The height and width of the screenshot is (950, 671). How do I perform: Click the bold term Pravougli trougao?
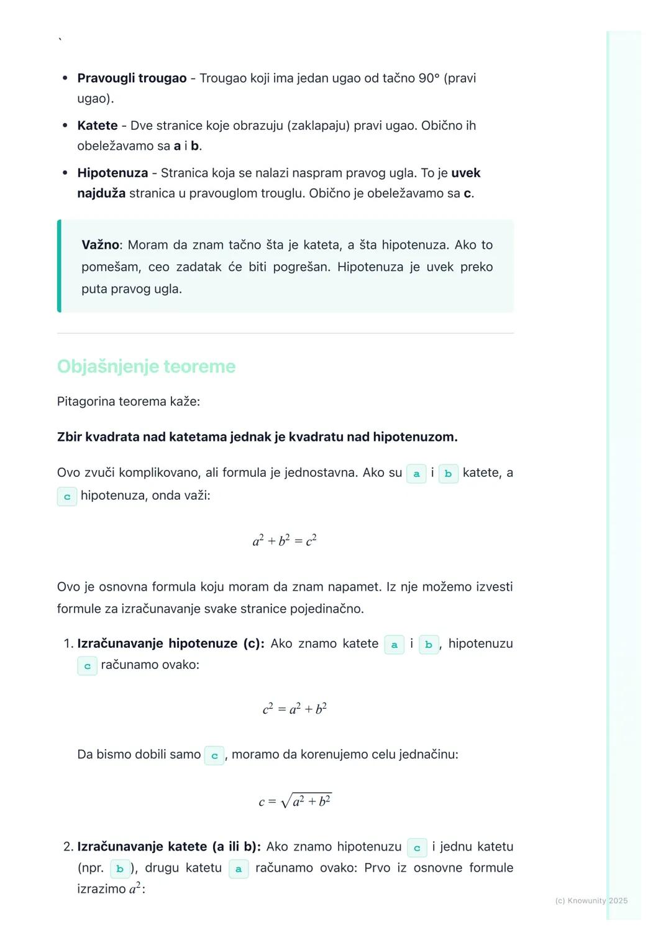pyautogui.click(x=132, y=78)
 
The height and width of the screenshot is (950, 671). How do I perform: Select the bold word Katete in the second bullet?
pyautogui.click(x=98, y=126)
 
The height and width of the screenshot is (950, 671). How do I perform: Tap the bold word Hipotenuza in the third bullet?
pyautogui.click(x=112, y=173)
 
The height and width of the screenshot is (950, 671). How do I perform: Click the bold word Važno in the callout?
pyautogui.click(x=99, y=245)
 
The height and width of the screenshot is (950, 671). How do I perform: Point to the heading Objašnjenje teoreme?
pyautogui.click(x=146, y=366)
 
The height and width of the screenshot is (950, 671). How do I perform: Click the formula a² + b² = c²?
pyautogui.click(x=285, y=540)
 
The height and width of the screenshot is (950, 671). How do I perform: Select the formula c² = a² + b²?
pyautogui.click(x=294, y=709)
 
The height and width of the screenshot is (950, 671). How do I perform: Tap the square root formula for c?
pyautogui.click(x=295, y=801)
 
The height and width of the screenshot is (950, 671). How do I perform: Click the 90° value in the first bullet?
pyautogui.click(x=429, y=78)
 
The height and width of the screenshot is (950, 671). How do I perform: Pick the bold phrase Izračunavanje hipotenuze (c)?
pyautogui.click(x=171, y=643)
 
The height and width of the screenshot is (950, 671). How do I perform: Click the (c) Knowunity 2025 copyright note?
pyautogui.click(x=591, y=901)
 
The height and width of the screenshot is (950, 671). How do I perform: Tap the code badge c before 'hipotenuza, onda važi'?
pyautogui.click(x=67, y=497)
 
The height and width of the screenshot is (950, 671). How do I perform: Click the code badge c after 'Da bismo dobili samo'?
pyautogui.click(x=214, y=755)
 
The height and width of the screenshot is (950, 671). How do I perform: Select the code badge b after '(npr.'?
pyautogui.click(x=120, y=869)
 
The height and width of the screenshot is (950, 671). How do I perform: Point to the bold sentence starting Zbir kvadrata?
pyautogui.click(x=257, y=437)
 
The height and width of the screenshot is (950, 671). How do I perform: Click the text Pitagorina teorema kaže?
pyautogui.click(x=129, y=402)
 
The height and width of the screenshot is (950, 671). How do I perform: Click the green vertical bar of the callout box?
pyautogui.click(x=59, y=266)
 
